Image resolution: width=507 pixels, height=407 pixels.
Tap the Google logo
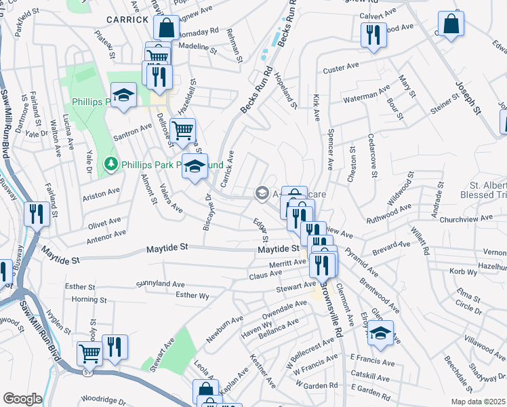point(22,399)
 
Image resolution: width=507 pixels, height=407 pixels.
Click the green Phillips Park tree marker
point(110,163)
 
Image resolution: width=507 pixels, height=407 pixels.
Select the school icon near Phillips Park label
point(124,96)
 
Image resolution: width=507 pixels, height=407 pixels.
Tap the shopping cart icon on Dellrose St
point(182,130)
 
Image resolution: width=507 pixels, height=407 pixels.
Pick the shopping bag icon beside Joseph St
point(451,24)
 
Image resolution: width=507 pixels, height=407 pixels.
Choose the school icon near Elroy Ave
point(380,332)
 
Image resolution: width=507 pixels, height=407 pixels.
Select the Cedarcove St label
point(373,154)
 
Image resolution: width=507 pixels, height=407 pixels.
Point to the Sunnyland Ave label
point(160,282)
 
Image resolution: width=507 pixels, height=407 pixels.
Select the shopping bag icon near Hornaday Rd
point(165,28)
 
